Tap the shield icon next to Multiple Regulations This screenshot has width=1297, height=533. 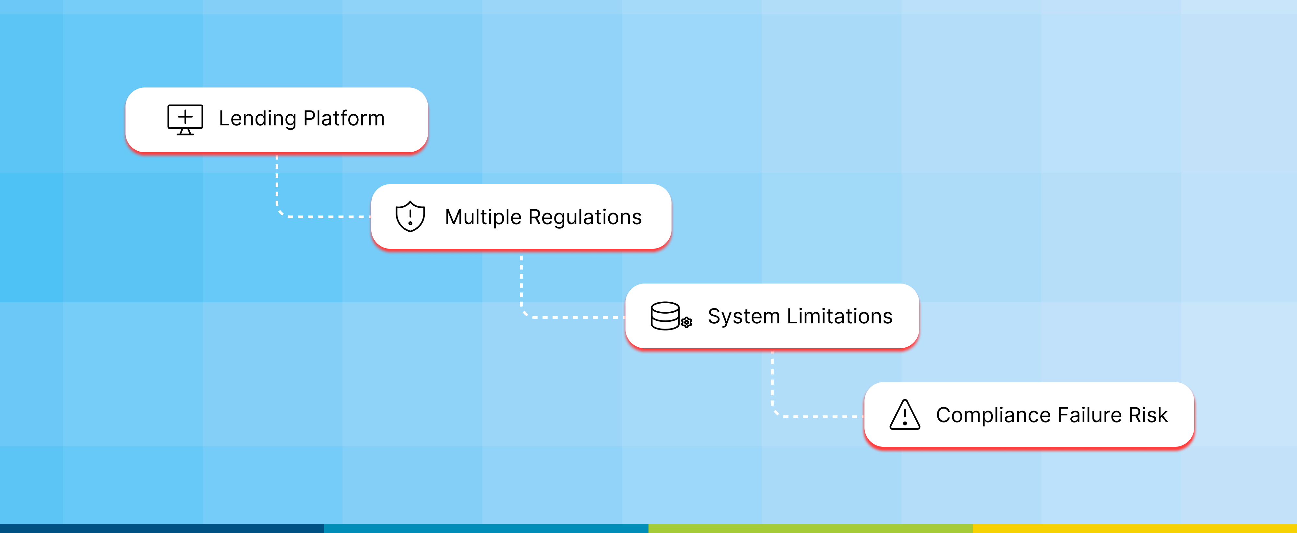pyautogui.click(x=411, y=216)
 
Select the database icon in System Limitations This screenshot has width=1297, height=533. pyautogui.click(x=665, y=316)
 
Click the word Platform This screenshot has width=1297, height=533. pyautogui.click(x=344, y=119)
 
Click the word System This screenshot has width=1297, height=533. pyautogui.click(x=744, y=317)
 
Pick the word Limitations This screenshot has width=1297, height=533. pyautogui.click(x=839, y=317)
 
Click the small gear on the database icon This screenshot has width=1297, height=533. pyautogui.click(x=686, y=322)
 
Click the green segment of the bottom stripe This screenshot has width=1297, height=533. pyautogui.click(x=811, y=528)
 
